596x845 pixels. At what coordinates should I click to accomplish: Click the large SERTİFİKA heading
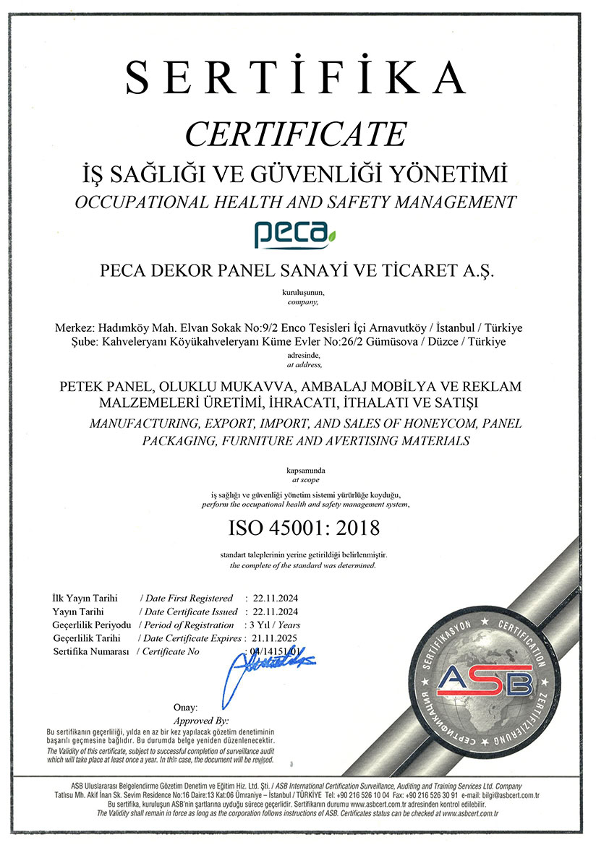click(296, 77)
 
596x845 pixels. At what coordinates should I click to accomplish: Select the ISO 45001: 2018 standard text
click(304, 528)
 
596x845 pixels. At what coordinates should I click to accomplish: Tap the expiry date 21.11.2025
click(275, 638)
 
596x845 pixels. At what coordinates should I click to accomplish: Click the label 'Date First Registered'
click(189, 599)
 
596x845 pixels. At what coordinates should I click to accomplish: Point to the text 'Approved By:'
click(201, 721)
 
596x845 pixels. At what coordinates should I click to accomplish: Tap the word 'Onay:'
click(186, 707)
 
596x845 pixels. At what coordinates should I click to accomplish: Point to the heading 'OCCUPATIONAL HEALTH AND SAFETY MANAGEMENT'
click(297, 202)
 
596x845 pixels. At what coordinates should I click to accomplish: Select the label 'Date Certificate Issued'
click(191, 612)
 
